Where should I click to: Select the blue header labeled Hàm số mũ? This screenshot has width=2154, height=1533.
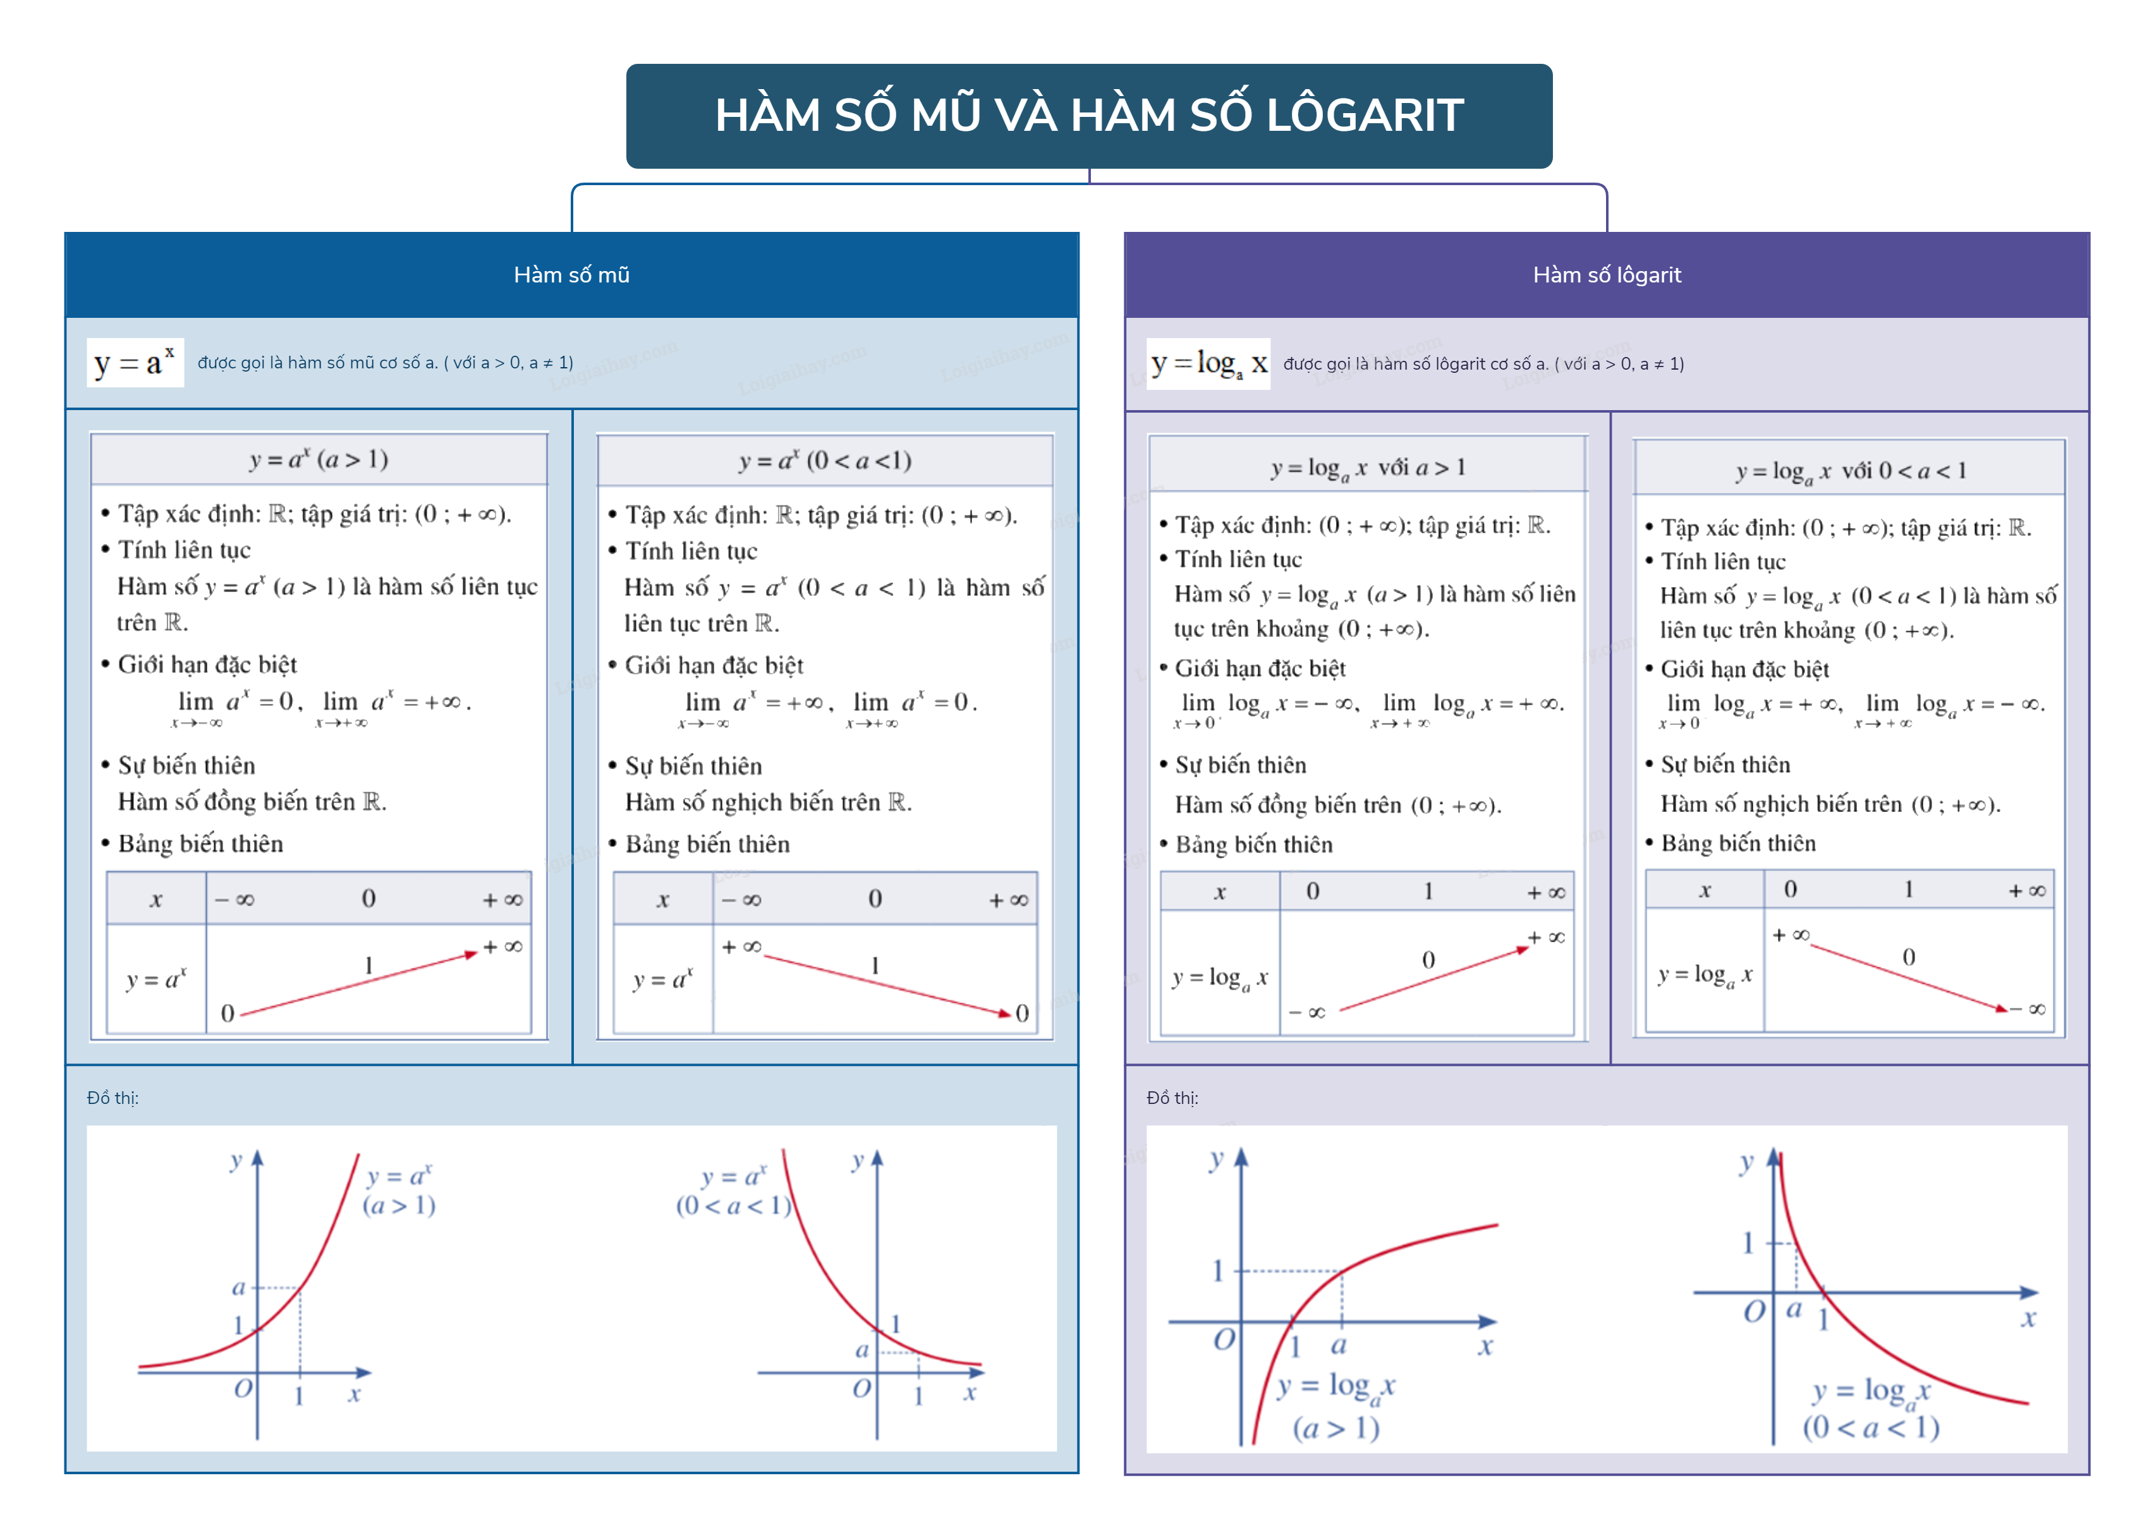[x=571, y=275]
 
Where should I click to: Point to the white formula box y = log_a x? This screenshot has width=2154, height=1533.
[x=1207, y=363]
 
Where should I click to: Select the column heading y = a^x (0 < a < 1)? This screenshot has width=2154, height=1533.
[x=824, y=461]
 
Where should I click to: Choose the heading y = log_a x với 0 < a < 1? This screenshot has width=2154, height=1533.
[x=1849, y=470]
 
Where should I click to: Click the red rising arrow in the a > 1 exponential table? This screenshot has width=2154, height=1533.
[x=359, y=985]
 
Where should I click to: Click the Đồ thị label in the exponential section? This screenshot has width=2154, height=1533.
[x=113, y=1098]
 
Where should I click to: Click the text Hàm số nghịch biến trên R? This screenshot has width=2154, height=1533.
[x=767, y=803]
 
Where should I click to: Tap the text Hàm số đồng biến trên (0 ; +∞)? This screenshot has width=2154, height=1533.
[x=1337, y=805]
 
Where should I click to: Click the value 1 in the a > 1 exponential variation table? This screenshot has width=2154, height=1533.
[x=368, y=965]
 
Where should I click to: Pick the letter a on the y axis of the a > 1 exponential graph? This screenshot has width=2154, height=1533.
[x=239, y=1288]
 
